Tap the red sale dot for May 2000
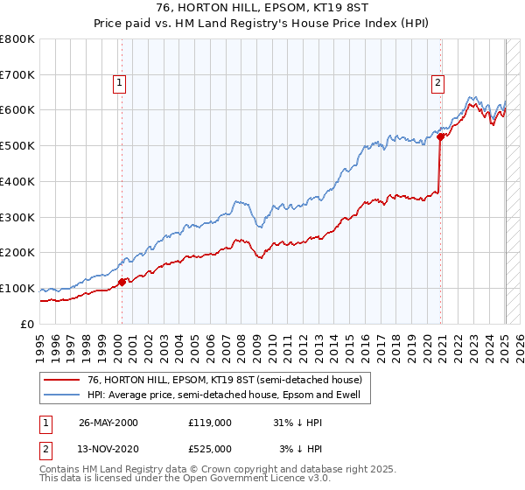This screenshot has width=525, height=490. coord(122,281)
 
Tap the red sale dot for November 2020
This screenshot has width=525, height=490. coord(441,136)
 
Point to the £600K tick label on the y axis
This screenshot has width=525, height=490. coord(17,110)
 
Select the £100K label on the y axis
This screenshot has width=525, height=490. coord(17,288)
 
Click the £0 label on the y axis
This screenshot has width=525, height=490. coord(28,324)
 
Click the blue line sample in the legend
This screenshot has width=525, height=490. coord(60,395)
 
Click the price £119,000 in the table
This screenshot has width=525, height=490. coord(210,422)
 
